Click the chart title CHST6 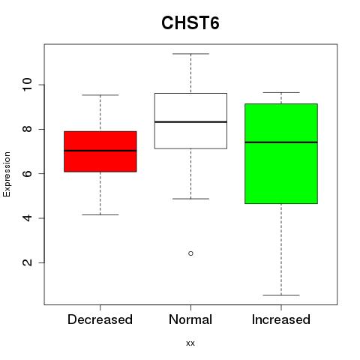190,23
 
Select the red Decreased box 100,151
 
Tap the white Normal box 190,121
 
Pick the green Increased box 281,154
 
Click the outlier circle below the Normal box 190,253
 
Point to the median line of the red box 100,151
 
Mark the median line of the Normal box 190,122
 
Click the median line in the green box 281,142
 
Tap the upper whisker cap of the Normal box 190,54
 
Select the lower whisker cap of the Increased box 281,295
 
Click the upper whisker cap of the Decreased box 100,95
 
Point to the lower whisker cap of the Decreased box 100,214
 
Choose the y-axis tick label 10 27,85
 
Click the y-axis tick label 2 27,262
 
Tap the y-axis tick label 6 27,173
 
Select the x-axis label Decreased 100,319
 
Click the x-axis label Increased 281,319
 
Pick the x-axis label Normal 190,319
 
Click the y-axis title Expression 7,174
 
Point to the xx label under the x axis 190,343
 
